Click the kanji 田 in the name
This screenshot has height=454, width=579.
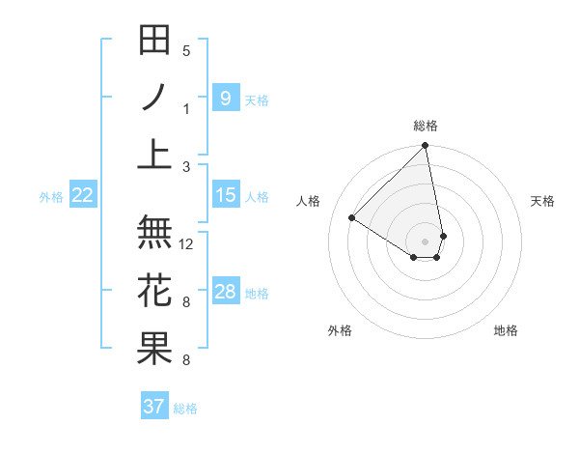[x=154, y=42]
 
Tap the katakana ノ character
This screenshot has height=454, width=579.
[x=154, y=98]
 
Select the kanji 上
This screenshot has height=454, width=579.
[x=154, y=154]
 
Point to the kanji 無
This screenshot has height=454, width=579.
[x=154, y=233]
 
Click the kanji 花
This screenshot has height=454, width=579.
[x=154, y=290]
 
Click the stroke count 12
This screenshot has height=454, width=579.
[x=187, y=244]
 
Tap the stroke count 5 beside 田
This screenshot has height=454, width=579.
[x=186, y=51]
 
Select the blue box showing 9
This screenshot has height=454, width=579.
[x=225, y=98]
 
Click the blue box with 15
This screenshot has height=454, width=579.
[x=225, y=195]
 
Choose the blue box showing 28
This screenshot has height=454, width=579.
[x=225, y=292]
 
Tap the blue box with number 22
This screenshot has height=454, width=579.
[x=83, y=195]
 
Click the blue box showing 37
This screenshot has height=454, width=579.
[x=153, y=407]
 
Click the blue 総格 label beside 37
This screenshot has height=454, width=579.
[x=185, y=409]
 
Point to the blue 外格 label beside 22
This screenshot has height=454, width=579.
[x=51, y=196]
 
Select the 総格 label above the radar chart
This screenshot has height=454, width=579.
[x=425, y=126]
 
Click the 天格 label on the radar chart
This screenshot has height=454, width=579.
[x=542, y=201]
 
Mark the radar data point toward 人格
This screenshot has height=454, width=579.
[x=352, y=217]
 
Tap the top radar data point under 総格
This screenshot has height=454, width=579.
[x=425, y=147]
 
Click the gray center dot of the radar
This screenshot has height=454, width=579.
[x=425, y=240]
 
